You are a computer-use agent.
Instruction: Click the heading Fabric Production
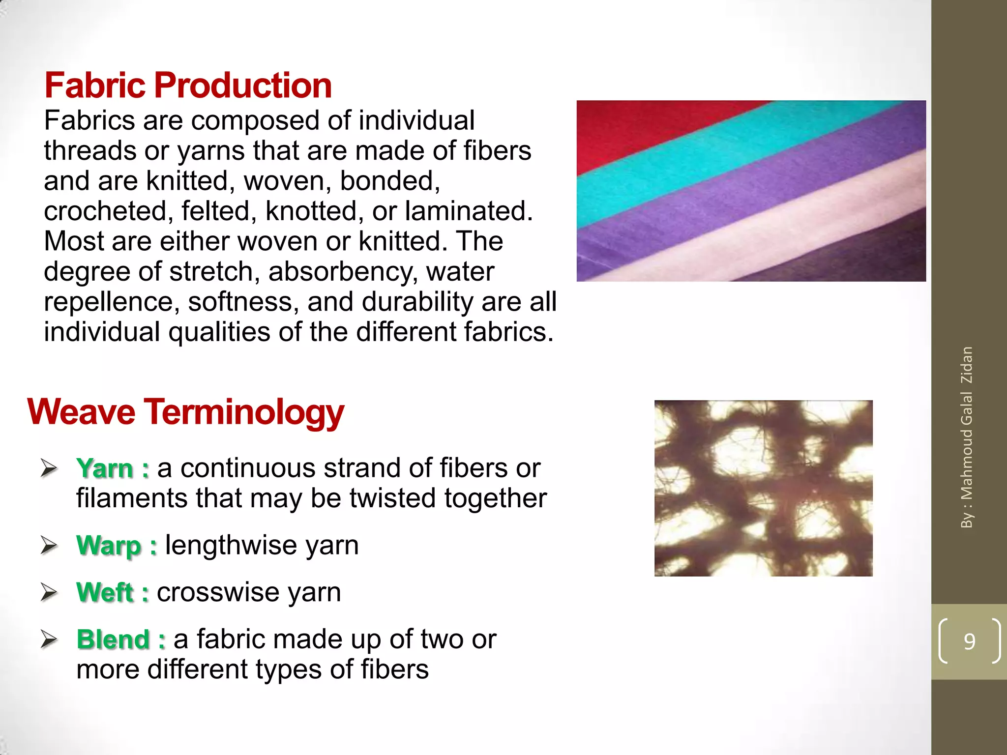pos(188,86)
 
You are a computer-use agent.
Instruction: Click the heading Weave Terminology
pos(185,412)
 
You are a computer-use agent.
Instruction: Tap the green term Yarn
pos(105,468)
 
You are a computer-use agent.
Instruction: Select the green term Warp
pos(109,545)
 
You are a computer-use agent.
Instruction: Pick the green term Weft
pos(105,592)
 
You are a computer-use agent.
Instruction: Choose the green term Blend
pos(113,639)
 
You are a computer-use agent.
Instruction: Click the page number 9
pos(969,641)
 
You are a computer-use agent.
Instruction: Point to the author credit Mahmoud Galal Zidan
pos(967,437)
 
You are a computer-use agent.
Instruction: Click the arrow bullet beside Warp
pos(50,545)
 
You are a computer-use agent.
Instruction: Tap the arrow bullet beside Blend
pos(50,639)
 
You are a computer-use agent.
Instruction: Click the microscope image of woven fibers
pos(763,488)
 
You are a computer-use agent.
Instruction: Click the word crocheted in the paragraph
pos(108,211)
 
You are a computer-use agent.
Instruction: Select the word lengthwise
pos(231,545)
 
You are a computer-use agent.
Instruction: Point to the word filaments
pos(132,498)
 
